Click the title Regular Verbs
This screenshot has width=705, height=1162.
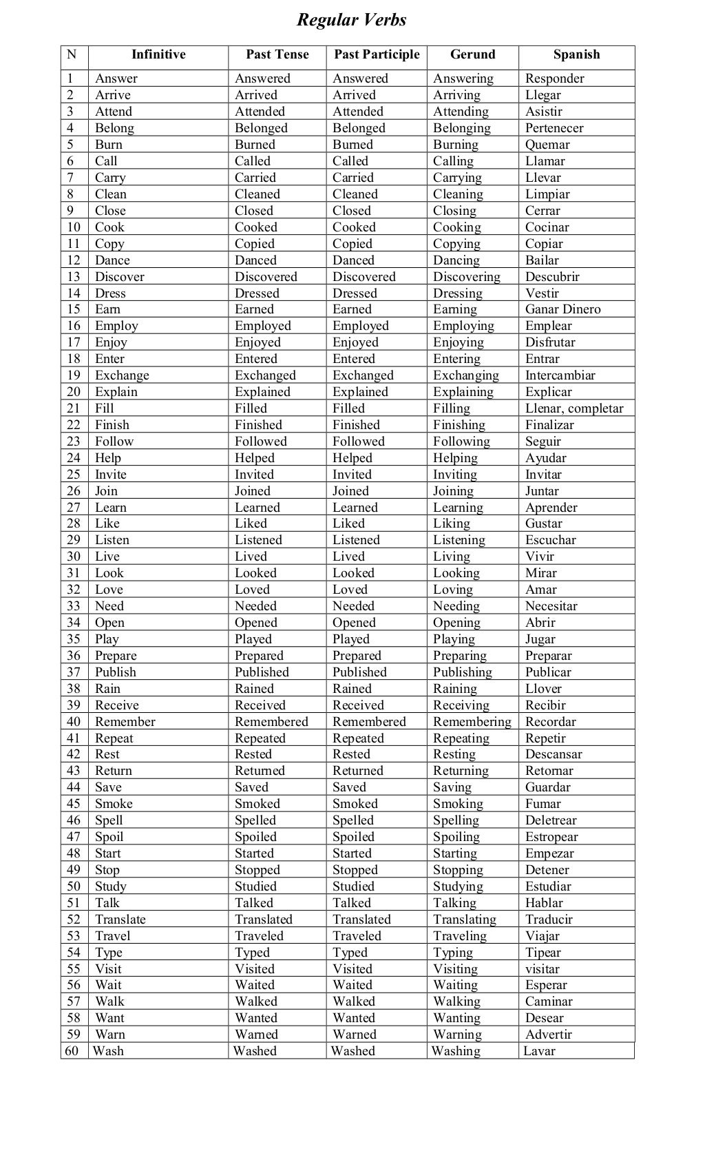coord(351,20)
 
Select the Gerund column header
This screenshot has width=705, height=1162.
coord(472,54)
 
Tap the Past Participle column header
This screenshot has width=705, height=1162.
coord(377,54)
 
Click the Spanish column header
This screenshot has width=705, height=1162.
coord(576,54)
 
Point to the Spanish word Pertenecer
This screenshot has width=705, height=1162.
coord(554,128)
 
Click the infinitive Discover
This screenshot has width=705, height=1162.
coord(120,277)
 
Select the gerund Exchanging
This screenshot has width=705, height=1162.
coord(465,375)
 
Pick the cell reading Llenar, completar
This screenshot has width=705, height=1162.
coord(574,408)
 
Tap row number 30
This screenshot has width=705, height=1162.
coord(74,557)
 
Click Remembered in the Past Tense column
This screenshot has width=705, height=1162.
coord(271,722)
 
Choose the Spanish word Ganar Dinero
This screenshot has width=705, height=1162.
coord(562,309)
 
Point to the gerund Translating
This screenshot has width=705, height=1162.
coord(464,920)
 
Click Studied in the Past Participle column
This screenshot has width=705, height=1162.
coord(353,886)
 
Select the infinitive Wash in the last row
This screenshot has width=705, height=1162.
coord(108,1051)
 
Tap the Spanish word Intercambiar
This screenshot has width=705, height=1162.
coord(560,375)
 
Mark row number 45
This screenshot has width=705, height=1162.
coord(74,804)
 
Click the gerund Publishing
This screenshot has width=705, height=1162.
coord(462,672)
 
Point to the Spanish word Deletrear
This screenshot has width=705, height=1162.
coord(551,820)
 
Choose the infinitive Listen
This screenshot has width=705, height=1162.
coord(112,540)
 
